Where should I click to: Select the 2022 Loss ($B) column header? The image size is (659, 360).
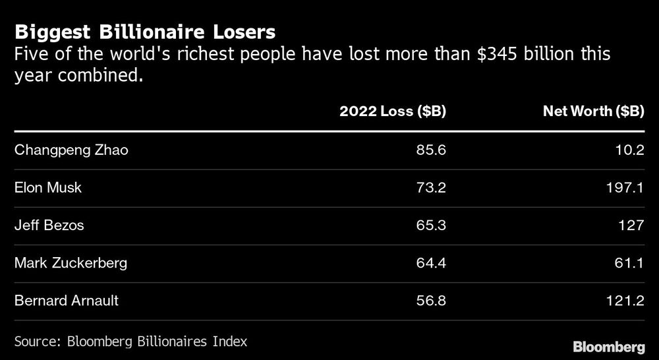click(x=393, y=111)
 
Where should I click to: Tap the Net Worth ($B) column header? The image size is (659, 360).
click(x=593, y=111)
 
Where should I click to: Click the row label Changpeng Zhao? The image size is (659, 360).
click(x=71, y=150)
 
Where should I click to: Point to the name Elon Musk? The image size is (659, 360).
click(x=49, y=187)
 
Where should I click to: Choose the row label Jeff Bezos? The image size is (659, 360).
click(x=49, y=225)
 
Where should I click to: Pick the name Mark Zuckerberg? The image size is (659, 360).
click(x=71, y=263)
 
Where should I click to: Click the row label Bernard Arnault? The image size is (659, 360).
click(x=67, y=301)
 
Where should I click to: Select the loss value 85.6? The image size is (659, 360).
click(x=432, y=150)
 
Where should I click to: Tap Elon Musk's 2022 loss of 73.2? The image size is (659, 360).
click(x=432, y=187)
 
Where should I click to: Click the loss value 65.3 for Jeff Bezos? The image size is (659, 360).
click(x=432, y=225)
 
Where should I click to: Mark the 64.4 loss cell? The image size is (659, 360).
click(x=432, y=263)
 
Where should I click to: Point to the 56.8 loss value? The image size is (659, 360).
click(x=432, y=301)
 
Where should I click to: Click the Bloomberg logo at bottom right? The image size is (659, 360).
click(x=608, y=346)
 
